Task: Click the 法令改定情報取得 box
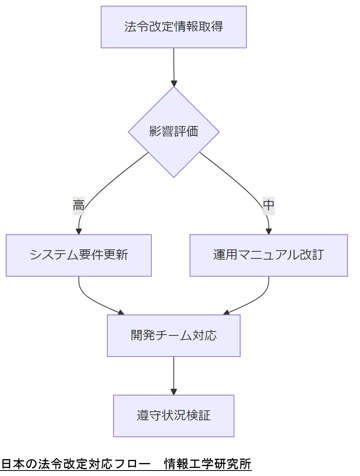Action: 174,27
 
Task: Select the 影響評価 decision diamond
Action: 174,132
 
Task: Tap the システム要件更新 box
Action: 79,255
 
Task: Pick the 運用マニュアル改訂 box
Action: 268,255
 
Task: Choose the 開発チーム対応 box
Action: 174,335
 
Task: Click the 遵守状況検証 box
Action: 174,416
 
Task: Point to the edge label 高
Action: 79,205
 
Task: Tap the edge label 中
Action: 268,205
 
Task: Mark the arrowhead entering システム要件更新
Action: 79,231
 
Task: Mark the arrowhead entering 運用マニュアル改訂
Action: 269,231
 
